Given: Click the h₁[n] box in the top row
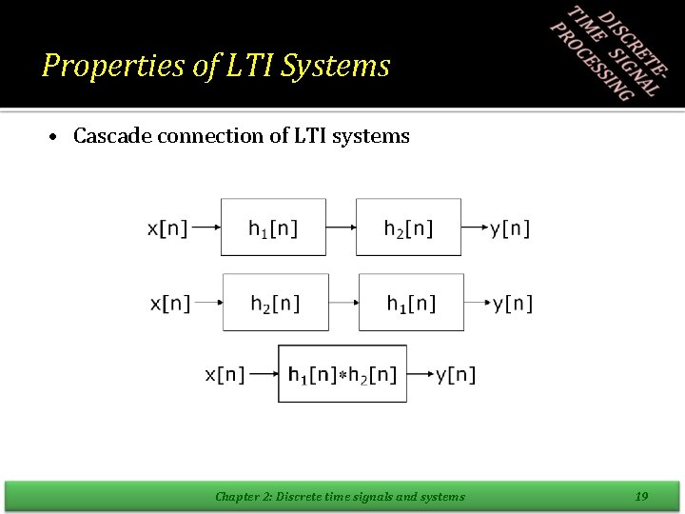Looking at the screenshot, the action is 273,227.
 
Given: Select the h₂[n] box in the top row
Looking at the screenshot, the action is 408,227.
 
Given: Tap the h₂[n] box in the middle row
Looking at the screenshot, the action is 275,303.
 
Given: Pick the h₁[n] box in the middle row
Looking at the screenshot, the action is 411,303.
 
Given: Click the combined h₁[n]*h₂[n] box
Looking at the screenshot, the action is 342,374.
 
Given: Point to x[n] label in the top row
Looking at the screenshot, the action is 167,228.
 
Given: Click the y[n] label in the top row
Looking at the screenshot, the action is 510,228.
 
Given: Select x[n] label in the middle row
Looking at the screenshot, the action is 170,304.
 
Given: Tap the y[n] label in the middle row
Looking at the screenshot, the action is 513,304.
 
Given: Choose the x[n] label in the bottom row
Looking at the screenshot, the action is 225,375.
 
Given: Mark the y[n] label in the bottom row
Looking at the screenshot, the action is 456,375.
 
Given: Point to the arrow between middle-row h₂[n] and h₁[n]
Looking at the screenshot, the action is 343,304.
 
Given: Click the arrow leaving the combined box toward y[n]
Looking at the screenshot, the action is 421,375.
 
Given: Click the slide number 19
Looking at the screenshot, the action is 641,496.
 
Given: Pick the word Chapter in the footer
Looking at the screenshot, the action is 236,496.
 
